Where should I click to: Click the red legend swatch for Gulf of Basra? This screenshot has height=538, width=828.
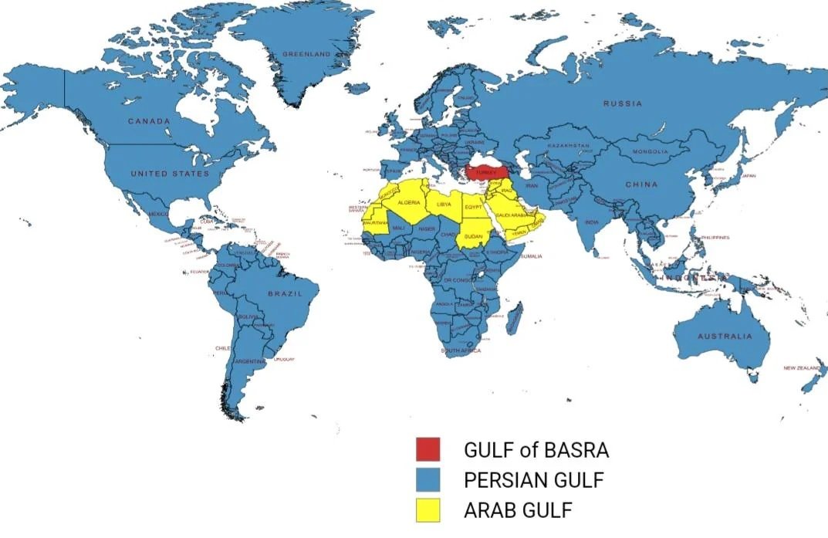pyautogui.click(x=428, y=449)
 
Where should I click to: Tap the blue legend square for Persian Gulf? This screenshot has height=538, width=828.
pyautogui.click(x=428, y=479)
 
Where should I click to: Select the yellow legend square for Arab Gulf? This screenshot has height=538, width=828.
pyautogui.click(x=428, y=509)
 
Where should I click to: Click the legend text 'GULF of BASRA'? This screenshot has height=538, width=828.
pyautogui.click(x=536, y=450)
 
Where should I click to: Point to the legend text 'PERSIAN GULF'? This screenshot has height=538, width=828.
pyautogui.click(x=534, y=480)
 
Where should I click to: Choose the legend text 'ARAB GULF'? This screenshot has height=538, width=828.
pyautogui.click(x=519, y=510)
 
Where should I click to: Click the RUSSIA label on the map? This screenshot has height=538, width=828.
pyautogui.click(x=622, y=103)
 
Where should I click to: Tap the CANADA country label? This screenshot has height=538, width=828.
pyautogui.click(x=149, y=121)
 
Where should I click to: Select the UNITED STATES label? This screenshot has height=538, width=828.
pyautogui.click(x=170, y=174)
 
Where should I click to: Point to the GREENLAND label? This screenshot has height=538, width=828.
pyautogui.click(x=306, y=54)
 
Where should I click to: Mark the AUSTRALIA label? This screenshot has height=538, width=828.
pyautogui.click(x=724, y=337)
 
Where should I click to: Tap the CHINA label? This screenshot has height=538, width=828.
pyautogui.click(x=641, y=184)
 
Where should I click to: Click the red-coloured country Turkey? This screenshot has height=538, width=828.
pyautogui.click(x=485, y=171)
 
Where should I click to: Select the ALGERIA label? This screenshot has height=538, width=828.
pyautogui.click(x=409, y=202)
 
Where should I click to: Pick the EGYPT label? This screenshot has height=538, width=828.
pyautogui.click(x=473, y=208)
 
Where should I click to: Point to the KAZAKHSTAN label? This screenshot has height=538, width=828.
pyautogui.click(x=568, y=145)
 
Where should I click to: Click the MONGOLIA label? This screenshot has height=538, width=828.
pyautogui.click(x=650, y=152)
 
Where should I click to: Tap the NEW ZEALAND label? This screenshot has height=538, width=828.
pyautogui.click(x=803, y=368)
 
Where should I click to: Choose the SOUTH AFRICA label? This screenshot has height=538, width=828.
pyautogui.click(x=461, y=350)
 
